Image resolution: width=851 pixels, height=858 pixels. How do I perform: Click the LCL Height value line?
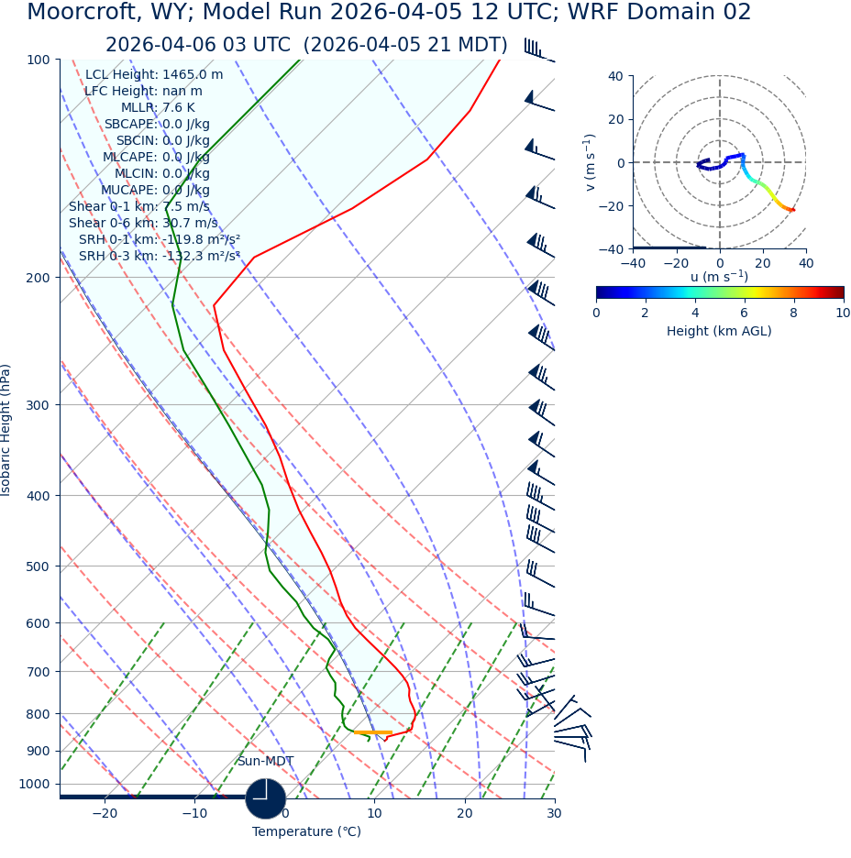[x=153, y=74]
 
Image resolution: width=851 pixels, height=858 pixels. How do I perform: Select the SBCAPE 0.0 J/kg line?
[x=156, y=124]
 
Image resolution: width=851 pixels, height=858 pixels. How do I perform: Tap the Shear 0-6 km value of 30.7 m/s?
[x=143, y=223]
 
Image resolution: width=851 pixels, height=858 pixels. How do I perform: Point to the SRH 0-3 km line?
[x=159, y=256]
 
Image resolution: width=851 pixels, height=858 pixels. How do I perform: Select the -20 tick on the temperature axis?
[x=105, y=813]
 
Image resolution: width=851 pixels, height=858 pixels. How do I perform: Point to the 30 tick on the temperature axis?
[x=554, y=813]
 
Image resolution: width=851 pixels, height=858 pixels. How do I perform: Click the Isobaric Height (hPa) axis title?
[x=7, y=430]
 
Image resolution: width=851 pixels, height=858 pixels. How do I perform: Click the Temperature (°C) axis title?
[x=306, y=831]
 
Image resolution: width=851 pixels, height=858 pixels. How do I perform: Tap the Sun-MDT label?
[x=265, y=761]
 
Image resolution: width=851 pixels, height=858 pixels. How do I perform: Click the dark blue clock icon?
[x=266, y=797]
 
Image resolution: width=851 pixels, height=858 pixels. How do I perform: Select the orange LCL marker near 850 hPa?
[x=372, y=732]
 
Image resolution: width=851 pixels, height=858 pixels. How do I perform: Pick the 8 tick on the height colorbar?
[x=793, y=313]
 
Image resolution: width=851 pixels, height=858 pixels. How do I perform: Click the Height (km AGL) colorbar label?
[x=719, y=331]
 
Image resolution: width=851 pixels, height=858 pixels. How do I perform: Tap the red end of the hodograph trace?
[x=793, y=211]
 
